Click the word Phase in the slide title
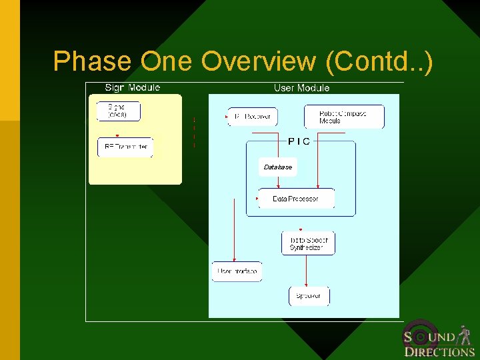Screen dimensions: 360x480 (93, 61)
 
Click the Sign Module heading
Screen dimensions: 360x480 (132, 87)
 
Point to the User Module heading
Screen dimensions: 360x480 (301, 87)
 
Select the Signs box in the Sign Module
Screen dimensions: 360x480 (119, 111)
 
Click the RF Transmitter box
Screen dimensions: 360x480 (125, 147)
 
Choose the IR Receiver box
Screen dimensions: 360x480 (253, 117)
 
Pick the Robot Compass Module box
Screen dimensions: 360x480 (344, 117)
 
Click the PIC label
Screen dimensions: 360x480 (299, 141)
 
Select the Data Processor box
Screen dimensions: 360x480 (296, 199)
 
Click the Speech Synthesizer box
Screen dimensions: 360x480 (308, 243)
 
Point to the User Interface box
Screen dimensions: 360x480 (237, 271)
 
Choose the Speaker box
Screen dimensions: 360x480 (309, 296)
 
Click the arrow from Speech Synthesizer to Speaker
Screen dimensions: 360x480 (306, 270)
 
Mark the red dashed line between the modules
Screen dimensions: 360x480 (194, 132)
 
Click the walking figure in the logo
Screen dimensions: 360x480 (465, 334)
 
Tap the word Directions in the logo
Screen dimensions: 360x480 (439, 352)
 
